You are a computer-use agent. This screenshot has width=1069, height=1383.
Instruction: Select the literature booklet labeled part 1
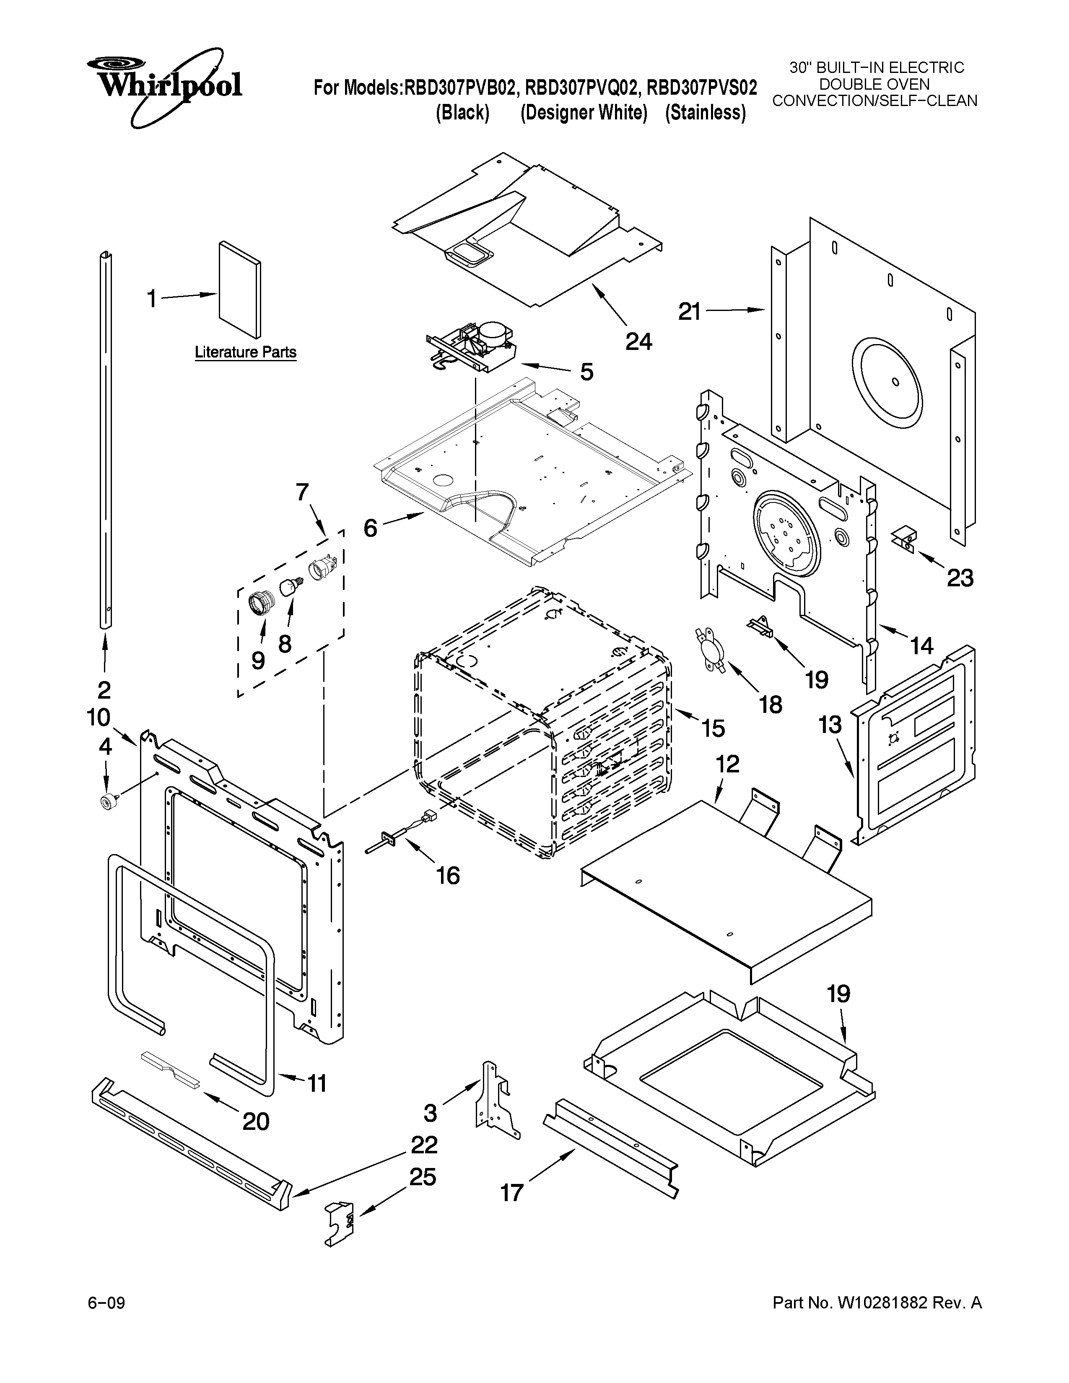tap(239, 290)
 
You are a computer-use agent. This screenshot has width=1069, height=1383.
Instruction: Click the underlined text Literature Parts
tap(245, 352)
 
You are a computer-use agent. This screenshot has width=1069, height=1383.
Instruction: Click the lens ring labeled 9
tap(259, 600)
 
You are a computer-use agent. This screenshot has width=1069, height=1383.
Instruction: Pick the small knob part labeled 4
tap(106, 800)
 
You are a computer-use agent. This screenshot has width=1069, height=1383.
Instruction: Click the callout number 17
tap(512, 1192)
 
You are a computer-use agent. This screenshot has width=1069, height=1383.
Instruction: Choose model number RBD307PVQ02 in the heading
tap(581, 88)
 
